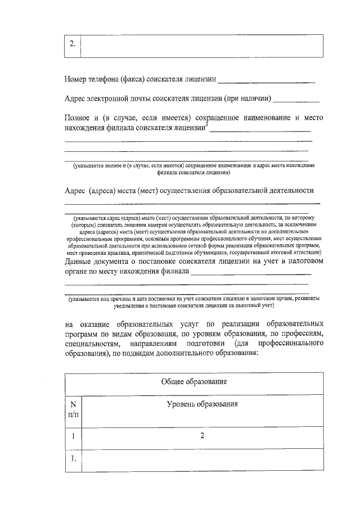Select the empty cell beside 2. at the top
pos(202,46)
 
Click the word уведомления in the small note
pos(132,307)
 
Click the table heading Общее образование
pos(193,382)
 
